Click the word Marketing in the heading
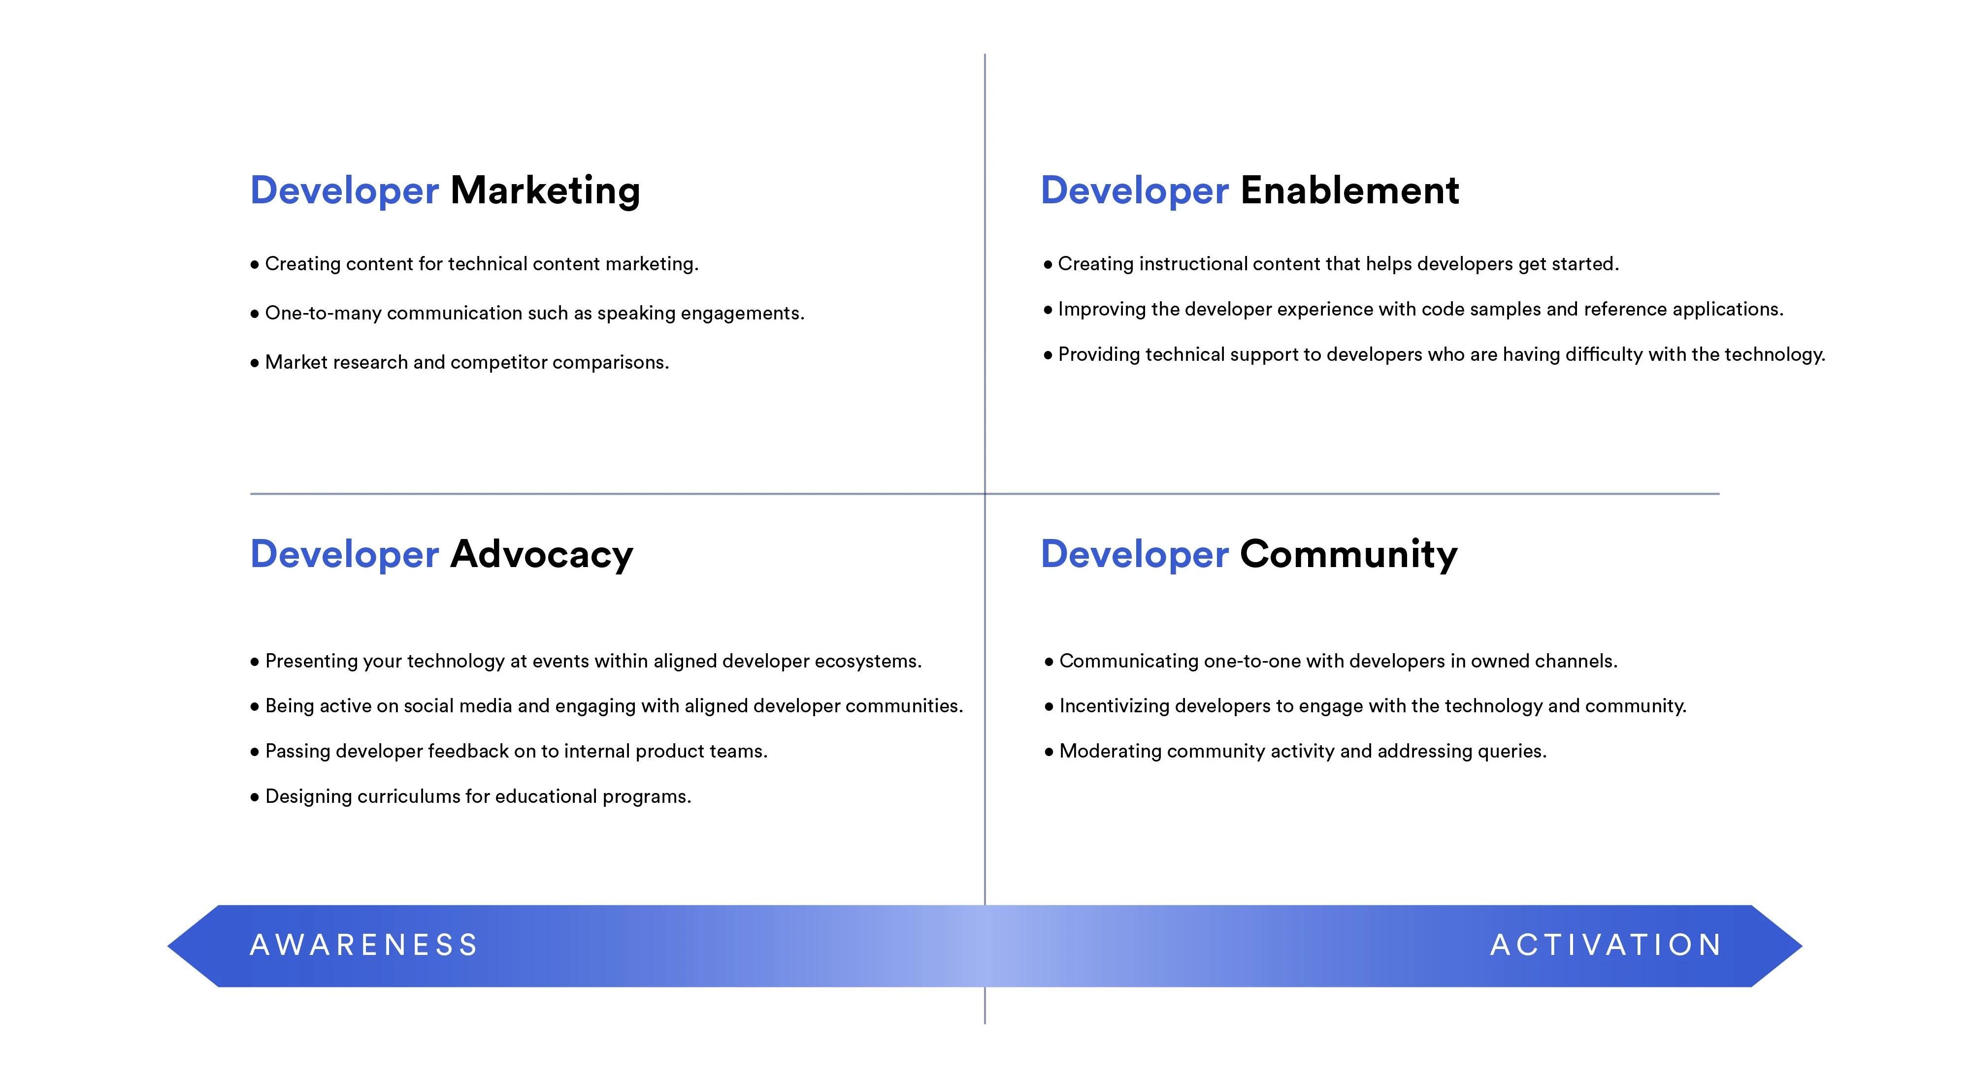[x=545, y=191]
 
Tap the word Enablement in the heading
[x=1350, y=190]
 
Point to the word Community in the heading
[x=1349, y=555]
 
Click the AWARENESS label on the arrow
[x=364, y=945]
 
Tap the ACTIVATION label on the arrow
[x=1606, y=945]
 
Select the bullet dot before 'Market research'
[x=255, y=363]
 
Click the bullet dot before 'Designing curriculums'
[x=255, y=797]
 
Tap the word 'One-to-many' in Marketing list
[x=323, y=314]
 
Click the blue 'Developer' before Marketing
[x=345, y=191]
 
